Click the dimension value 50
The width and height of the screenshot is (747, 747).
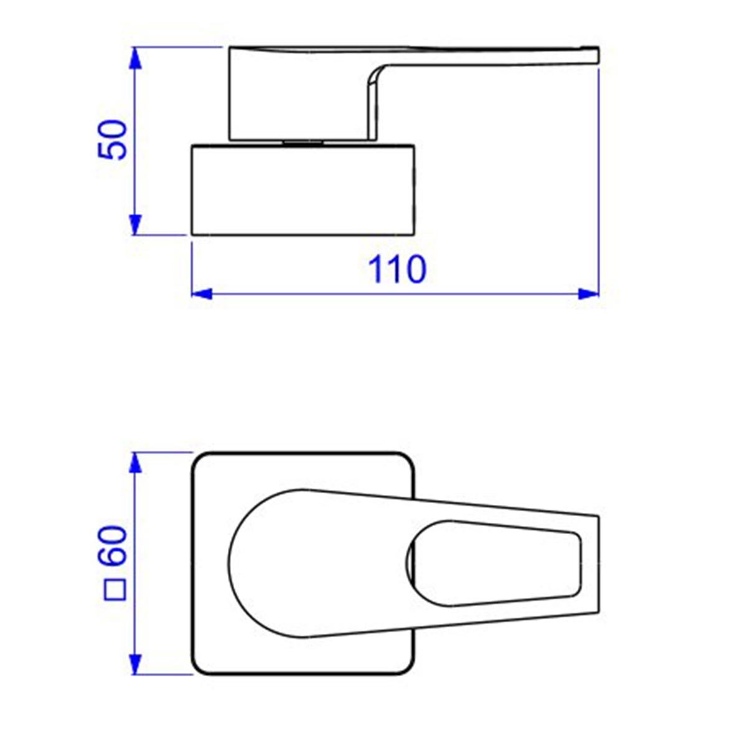[112, 139]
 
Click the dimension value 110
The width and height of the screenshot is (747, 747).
[397, 269]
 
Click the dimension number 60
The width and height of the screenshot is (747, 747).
[112, 546]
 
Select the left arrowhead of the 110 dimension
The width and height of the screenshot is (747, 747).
[202, 293]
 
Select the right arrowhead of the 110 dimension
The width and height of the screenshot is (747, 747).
[588, 293]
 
